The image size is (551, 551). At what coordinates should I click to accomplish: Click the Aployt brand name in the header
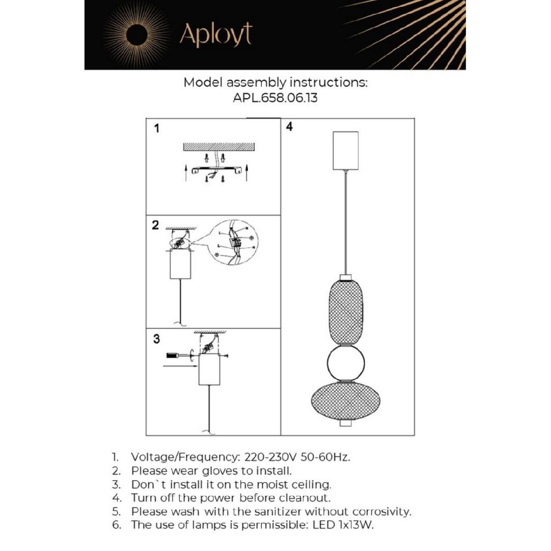(216, 35)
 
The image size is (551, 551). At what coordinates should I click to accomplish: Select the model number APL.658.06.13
(275, 98)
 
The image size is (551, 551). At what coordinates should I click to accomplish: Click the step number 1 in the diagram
(157, 129)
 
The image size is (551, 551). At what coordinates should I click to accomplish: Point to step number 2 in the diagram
(155, 225)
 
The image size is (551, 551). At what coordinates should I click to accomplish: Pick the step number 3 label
(157, 338)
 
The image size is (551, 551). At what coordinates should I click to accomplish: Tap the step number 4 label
(289, 127)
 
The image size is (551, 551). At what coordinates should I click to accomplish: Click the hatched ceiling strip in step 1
(219, 147)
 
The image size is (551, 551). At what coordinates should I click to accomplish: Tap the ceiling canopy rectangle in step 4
(346, 151)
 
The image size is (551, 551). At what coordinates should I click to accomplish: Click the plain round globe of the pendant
(346, 363)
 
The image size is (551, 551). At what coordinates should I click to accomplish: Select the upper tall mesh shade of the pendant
(346, 313)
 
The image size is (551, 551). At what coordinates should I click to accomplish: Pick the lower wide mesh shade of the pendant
(346, 399)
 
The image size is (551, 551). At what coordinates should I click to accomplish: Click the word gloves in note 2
(220, 471)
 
